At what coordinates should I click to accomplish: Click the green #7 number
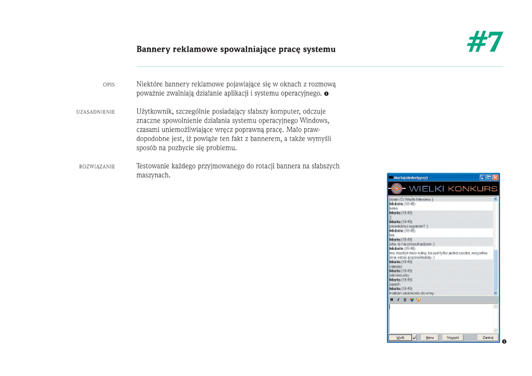pyautogui.click(x=485, y=42)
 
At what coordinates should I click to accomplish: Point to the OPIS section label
pyautogui.click(x=109, y=85)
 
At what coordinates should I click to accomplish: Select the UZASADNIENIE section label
pyautogui.click(x=95, y=112)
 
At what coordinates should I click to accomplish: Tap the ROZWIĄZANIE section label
pyautogui.click(x=97, y=166)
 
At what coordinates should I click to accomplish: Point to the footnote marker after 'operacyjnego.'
pyautogui.click(x=326, y=94)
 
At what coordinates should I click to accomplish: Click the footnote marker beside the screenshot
pyautogui.click(x=504, y=342)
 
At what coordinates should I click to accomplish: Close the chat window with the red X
pyautogui.click(x=495, y=178)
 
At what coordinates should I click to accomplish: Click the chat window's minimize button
pyautogui.click(x=482, y=178)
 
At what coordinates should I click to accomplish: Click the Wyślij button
pyautogui.click(x=400, y=337)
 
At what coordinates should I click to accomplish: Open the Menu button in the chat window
pyautogui.click(x=429, y=337)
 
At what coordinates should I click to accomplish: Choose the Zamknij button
pyautogui.click(x=487, y=337)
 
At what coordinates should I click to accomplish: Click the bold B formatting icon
pyautogui.click(x=392, y=299)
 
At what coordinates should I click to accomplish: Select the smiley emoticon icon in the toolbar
pyautogui.click(x=418, y=299)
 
